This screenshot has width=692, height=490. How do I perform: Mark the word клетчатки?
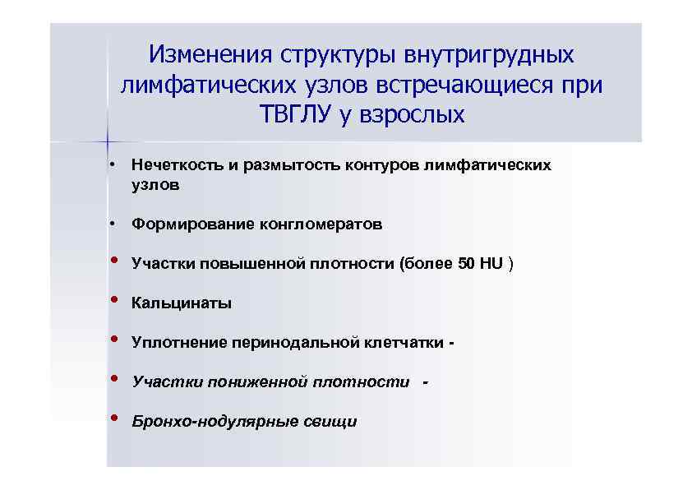click(x=404, y=343)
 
